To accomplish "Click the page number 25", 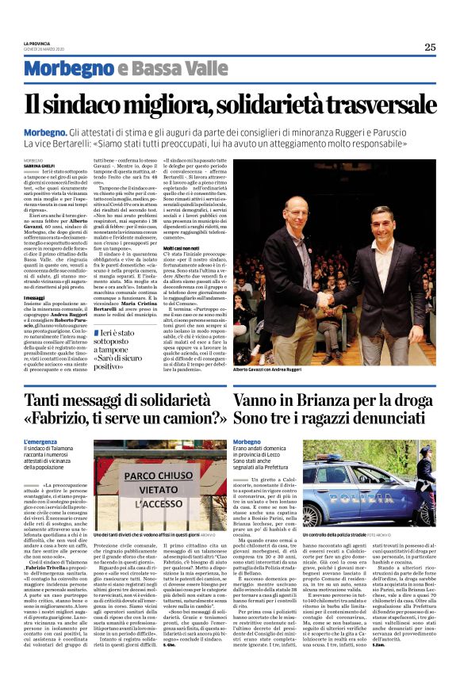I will point(430,47).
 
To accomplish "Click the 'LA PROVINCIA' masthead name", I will point(37,44).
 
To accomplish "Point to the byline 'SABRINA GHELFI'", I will point(40,165).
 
